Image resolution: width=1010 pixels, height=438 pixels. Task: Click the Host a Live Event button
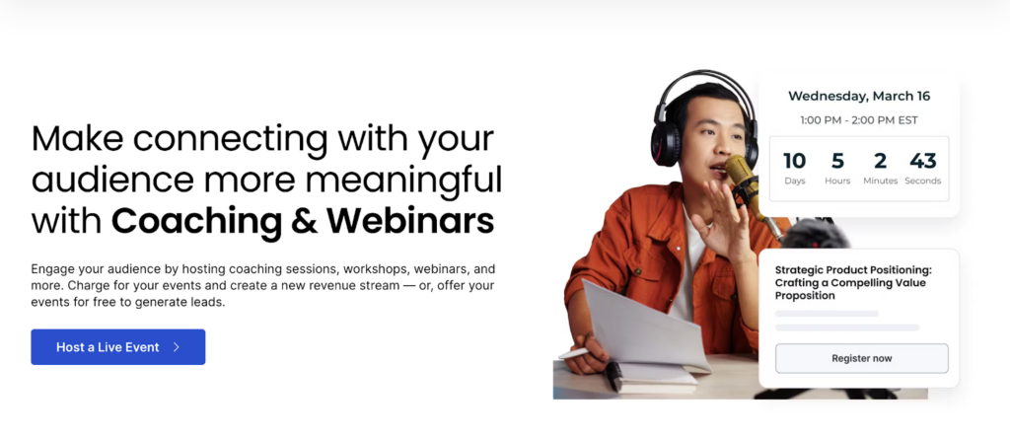pos(118,347)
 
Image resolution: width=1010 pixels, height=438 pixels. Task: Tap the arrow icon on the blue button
pos(177,347)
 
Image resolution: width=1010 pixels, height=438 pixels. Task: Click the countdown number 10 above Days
pos(794,161)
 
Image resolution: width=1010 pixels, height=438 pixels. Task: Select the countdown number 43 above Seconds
pos(922,161)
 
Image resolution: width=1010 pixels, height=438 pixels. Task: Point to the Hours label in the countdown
pos(837,181)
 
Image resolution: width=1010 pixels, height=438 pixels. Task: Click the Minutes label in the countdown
pos(880,181)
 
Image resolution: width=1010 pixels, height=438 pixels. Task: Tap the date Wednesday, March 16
pos(859,96)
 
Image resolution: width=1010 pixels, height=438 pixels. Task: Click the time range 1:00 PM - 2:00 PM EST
pos(859,120)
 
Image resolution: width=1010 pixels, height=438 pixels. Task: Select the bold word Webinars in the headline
pos(410,220)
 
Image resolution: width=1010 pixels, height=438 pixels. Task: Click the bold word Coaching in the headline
pos(196,222)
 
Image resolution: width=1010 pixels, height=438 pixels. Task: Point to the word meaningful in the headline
pos(403,181)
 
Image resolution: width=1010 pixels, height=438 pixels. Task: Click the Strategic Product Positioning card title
pos(853,283)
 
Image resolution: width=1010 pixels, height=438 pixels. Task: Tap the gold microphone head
pos(740,170)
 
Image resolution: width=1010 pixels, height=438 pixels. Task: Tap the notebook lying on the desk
pos(651,379)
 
